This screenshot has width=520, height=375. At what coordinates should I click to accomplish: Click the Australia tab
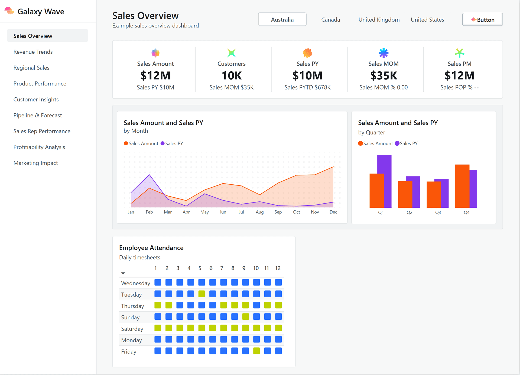click(x=282, y=20)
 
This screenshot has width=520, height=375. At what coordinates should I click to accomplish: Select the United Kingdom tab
click(x=379, y=20)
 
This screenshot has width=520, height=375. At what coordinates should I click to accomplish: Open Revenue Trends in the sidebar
click(x=33, y=52)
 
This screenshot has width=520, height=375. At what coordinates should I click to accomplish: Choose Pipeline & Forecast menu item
click(x=38, y=115)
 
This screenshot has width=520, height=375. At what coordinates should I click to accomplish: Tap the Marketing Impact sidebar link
click(x=36, y=163)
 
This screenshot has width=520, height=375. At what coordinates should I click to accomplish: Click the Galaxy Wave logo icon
click(x=9, y=11)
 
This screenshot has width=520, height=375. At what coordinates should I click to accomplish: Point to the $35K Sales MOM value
click(x=383, y=76)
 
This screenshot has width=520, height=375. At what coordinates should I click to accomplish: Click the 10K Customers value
click(x=232, y=76)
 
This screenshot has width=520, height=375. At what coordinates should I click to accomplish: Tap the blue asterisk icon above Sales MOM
click(x=383, y=53)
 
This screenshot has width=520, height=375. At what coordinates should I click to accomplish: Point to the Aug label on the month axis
click(x=259, y=212)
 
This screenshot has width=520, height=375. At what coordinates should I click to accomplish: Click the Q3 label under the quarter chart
click(x=438, y=212)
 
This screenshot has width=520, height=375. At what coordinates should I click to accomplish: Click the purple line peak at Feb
click(x=149, y=175)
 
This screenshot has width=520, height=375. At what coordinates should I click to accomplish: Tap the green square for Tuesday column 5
click(x=201, y=294)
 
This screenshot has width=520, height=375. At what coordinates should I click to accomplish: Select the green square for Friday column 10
click(x=256, y=351)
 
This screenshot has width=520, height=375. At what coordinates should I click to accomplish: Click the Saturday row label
click(x=132, y=329)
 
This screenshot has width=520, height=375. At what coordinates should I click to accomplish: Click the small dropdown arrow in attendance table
click(x=123, y=273)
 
